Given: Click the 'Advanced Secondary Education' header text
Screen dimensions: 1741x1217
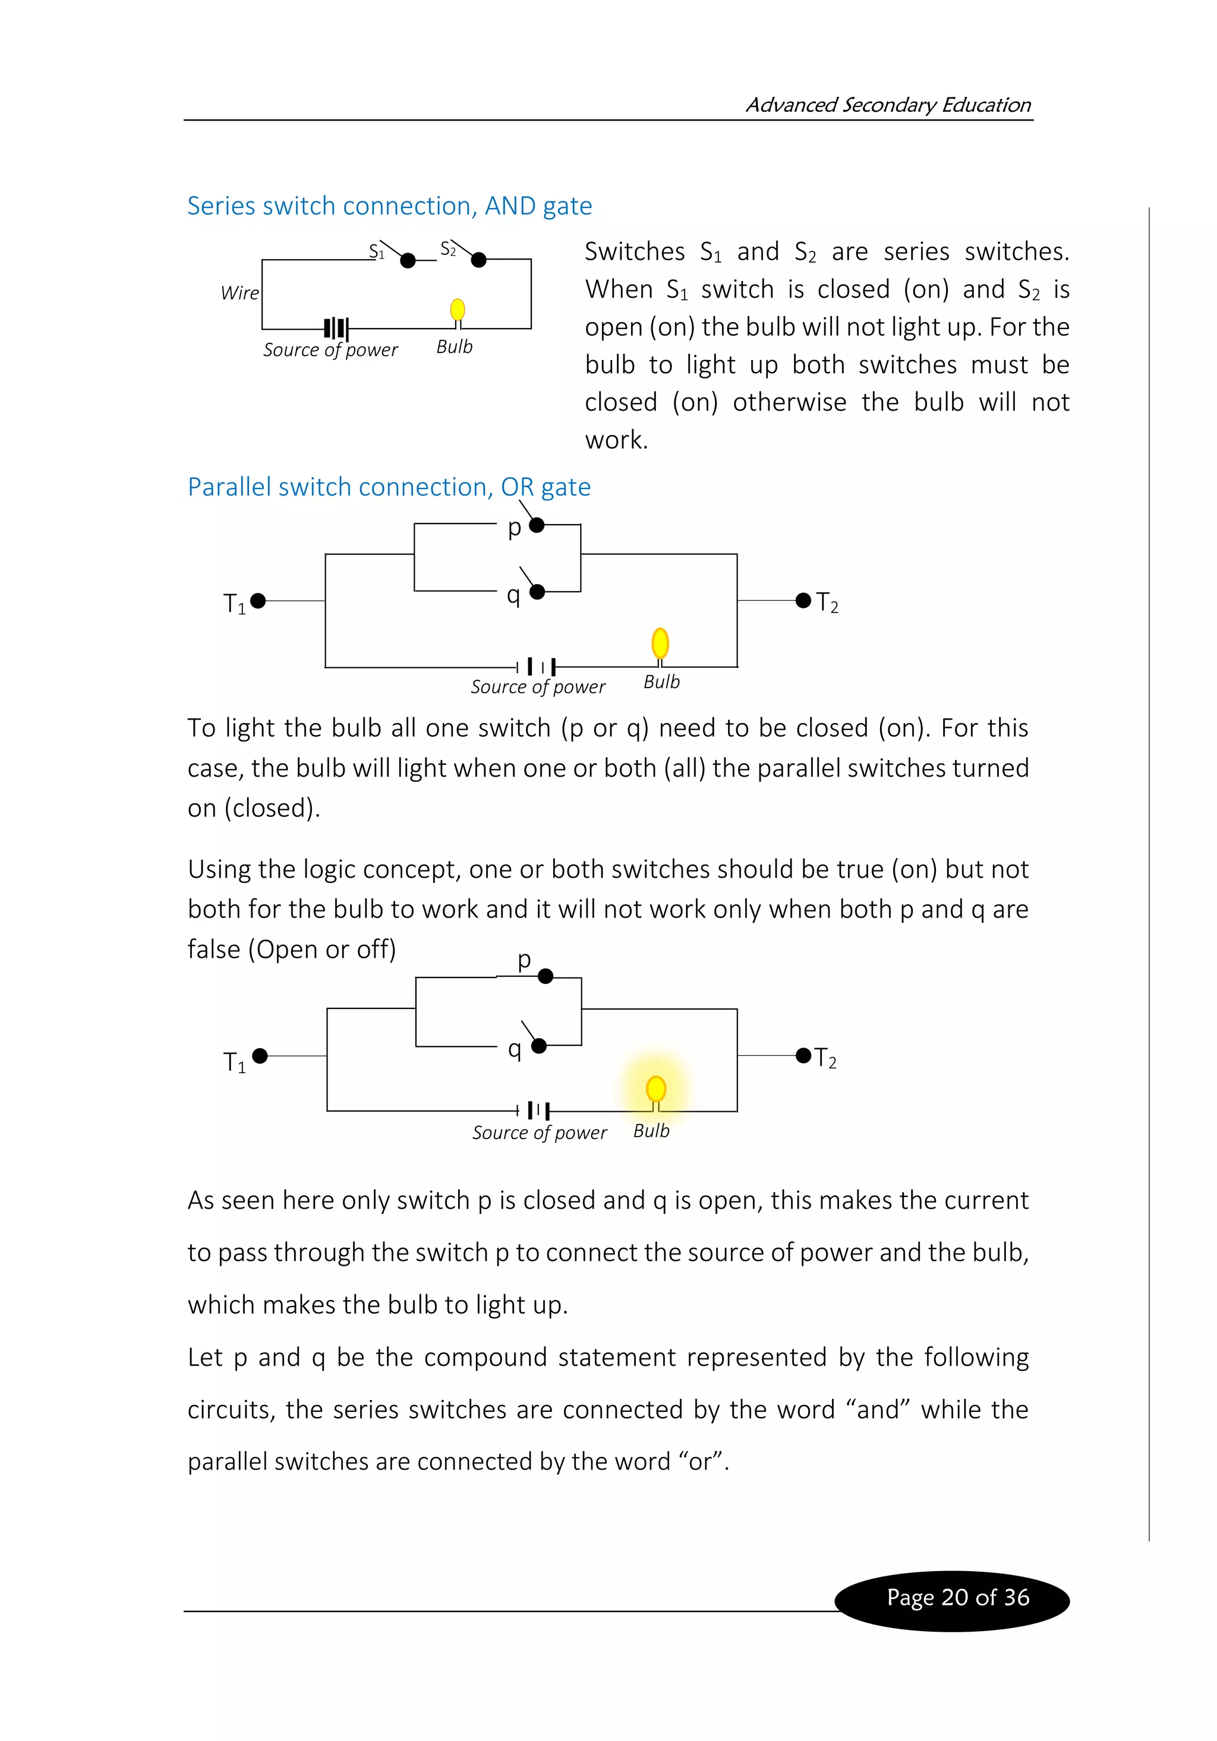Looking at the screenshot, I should point(887,105).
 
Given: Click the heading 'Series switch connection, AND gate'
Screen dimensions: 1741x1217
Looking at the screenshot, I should point(389,206).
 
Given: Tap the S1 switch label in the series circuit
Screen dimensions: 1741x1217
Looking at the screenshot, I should point(376,250).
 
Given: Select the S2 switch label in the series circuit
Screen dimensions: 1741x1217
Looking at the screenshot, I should point(448,249).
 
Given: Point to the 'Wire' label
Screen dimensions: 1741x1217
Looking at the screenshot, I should point(239,293).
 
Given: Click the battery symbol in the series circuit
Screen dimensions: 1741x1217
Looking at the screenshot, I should point(336,329).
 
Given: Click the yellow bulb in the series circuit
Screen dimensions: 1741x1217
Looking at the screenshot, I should point(457,310).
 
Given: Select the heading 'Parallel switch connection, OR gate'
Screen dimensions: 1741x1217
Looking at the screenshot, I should point(389,487).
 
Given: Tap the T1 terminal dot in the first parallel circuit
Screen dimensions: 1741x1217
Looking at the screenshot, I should point(258,601).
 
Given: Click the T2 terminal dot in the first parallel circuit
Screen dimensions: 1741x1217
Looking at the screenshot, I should point(803,601).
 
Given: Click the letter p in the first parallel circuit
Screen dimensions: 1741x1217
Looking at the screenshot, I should point(514,527).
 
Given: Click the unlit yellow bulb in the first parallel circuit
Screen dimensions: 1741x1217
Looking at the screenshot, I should point(660,643).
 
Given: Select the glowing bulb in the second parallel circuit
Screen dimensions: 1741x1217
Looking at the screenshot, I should point(656,1090).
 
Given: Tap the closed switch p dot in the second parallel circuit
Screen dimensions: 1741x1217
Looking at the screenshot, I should point(545,977).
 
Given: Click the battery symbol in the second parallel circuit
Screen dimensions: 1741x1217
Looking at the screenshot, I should point(537,1111).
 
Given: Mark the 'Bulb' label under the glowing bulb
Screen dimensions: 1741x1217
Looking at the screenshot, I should point(651,1131).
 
